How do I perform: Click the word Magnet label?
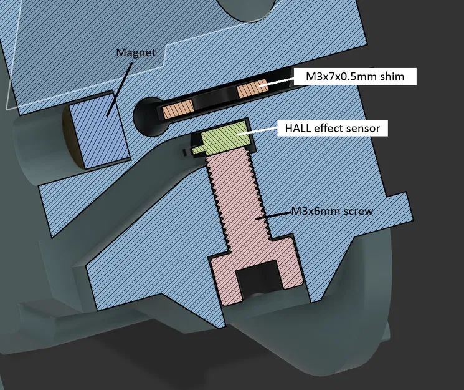coord(136,52)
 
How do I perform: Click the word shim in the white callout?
coord(392,77)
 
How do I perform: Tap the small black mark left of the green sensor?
coord(185,152)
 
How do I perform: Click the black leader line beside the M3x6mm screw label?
coord(278,214)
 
